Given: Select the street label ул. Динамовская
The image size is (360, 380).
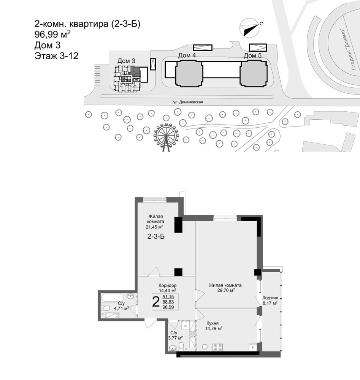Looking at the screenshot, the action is click(188, 102).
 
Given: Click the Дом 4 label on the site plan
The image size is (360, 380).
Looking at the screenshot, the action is click(187, 55).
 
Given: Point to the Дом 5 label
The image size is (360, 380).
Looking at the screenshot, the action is click(252, 55).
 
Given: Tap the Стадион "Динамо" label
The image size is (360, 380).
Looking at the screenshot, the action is click(348, 50).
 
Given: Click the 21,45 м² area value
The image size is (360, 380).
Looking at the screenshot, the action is click(154, 227).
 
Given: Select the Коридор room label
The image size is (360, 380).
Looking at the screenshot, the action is click(168, 285).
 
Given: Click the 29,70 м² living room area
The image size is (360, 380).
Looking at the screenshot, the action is click(225, 290).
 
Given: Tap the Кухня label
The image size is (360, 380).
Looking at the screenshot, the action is click(213, 323).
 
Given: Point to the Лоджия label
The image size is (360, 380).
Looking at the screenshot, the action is click(270, 298).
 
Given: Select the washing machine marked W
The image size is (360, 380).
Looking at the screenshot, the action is click(186, 326).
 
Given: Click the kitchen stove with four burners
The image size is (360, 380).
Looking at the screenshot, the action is click(217, 347).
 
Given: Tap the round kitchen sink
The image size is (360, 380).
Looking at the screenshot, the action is click(205, 347).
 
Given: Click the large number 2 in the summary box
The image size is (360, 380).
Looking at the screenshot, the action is click(155, 302).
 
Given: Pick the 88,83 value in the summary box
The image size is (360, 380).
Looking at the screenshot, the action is click(168, 302).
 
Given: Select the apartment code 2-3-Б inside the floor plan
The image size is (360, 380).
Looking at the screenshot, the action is click(156, 236).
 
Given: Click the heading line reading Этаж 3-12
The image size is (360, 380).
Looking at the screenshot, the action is click(57, 56).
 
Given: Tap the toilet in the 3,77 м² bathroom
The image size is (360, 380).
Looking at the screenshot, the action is click(181, 346).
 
